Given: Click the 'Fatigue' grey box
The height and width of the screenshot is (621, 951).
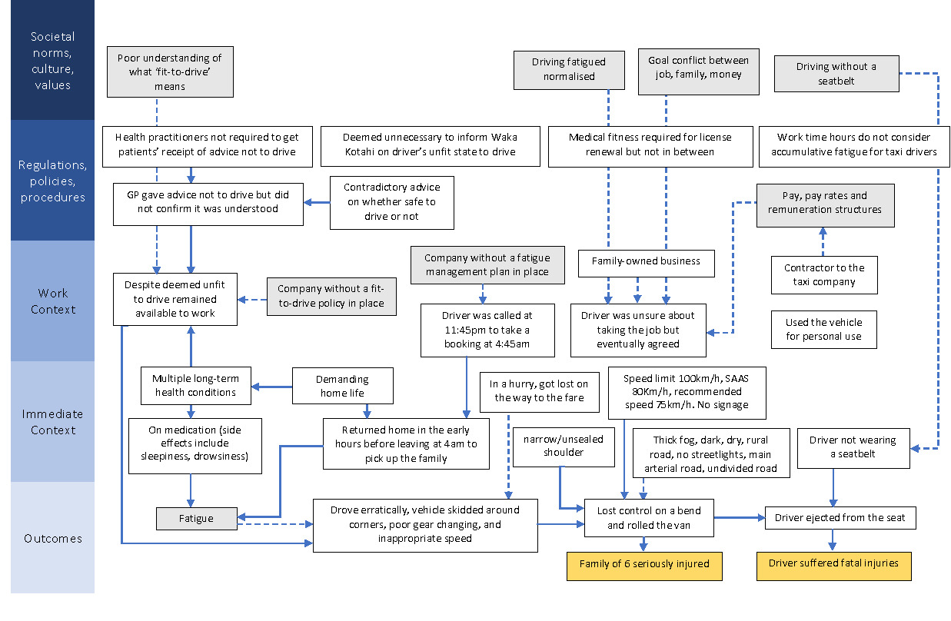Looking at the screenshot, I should click(x=196, y=519).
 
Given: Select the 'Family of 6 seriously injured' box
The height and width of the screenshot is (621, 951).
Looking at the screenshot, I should click(x=644, y=564).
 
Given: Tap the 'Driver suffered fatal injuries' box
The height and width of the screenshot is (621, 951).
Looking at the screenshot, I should click(x=833, y=563).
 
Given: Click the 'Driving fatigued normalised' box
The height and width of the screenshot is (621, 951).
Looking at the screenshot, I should click(x=569, y=69).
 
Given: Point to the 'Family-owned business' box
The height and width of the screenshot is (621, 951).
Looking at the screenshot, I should click(x=646, y=261).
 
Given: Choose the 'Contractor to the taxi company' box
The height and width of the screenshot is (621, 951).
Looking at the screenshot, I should click(x=824, y=275).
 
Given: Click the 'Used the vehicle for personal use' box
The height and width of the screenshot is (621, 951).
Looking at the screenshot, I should click(x=824, y=329).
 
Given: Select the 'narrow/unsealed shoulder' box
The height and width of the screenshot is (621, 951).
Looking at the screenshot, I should click(x=564, y=446).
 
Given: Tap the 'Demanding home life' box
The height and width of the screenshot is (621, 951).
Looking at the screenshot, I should click(x=342, y=386).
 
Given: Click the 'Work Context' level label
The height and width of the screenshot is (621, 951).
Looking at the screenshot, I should click(x=53, y=301).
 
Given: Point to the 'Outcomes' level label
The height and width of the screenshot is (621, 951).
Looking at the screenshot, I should click(x=53, y=538).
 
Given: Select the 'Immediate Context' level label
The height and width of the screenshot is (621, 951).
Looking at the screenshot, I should click(x=53, y=422).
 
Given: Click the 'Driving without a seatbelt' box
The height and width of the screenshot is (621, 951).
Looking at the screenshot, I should click(x=836, y=74).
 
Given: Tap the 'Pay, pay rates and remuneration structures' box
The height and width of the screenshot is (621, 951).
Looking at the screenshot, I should click(x=825, y=203).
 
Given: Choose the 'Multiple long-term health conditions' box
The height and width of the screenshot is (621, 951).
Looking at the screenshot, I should click(x=195, y=386).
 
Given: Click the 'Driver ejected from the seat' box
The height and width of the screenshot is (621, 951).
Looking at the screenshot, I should click(x=840, y=518).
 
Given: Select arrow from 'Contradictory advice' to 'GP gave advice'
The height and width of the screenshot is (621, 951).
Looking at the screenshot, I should click(x=317, y=204).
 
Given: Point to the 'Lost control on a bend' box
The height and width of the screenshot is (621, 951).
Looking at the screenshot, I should click(x=648, y=518).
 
